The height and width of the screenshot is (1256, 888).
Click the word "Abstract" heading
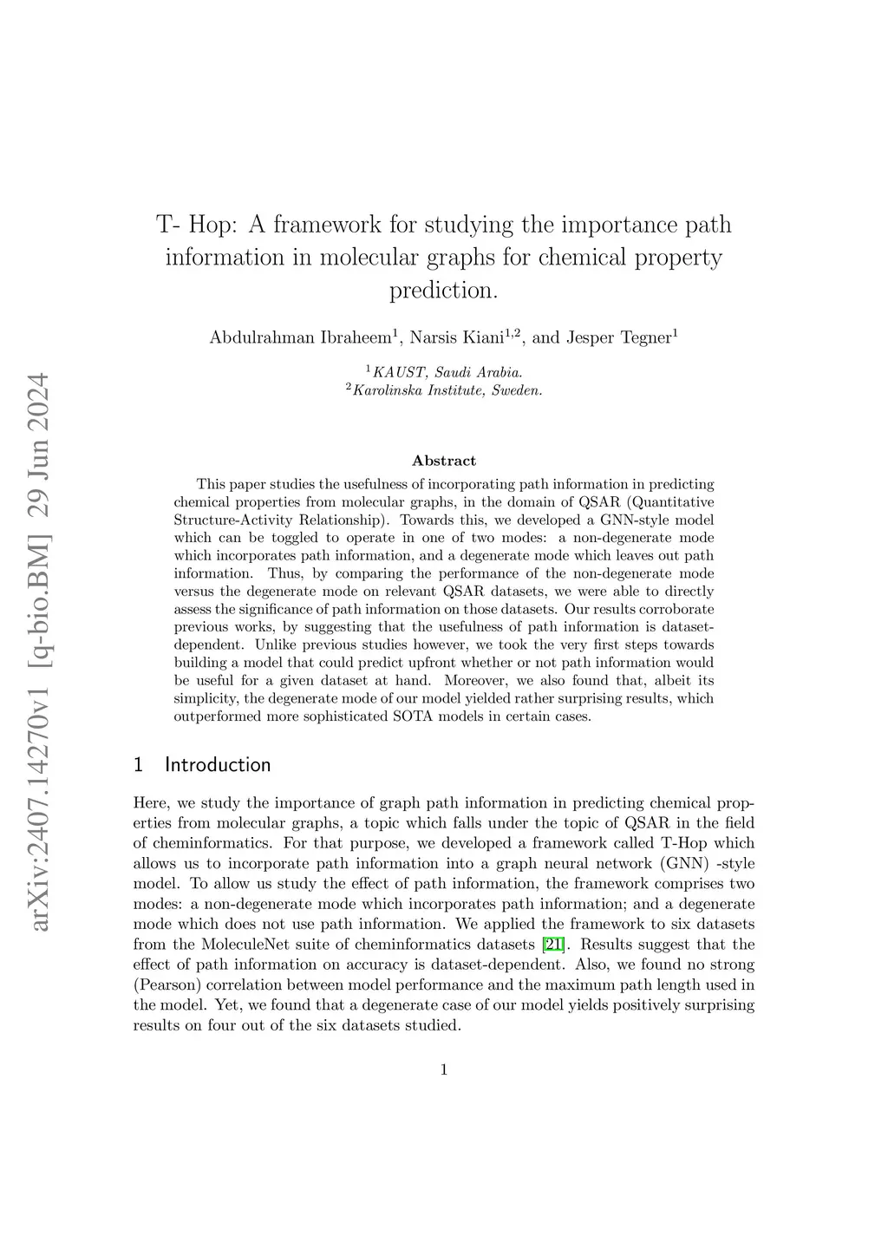(x=443, y=461)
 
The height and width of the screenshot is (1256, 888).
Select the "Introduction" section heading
(x=217, y=764)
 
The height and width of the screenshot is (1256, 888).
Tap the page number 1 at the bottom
(x=444, y=1070)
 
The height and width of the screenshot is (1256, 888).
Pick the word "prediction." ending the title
(x=444, y=290)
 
